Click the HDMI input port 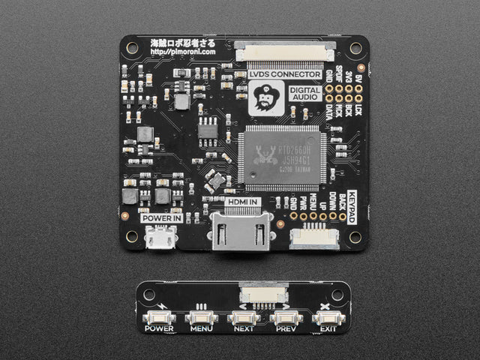pyautogui.click(x=240, y=232)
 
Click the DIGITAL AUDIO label pyautogui.click(x=306, y=93)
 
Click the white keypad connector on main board pyautogui.click(x=313, y=238)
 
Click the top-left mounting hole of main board pyautogui.click(x=132, y=48)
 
